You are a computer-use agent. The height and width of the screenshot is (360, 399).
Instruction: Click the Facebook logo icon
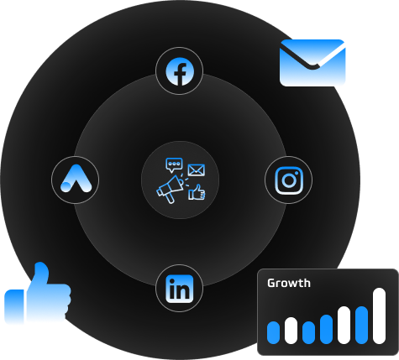(x=180, y=71)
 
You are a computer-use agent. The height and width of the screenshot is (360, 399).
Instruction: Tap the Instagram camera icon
(x=289, y=180)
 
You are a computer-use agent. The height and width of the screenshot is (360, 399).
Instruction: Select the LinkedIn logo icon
(x=180, y=289)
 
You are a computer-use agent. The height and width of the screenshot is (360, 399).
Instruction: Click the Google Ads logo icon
(x=76, y=179)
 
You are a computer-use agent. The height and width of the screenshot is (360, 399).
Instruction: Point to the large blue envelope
(x=312, y=63)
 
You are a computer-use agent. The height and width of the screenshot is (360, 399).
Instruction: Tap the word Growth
(x=289, y=283)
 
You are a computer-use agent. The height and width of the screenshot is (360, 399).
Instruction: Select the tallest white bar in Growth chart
(x=379, y=316)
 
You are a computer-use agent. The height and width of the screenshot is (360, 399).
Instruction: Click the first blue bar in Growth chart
(x=273, y=332)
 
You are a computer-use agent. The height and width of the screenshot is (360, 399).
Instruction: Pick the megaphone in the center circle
(x=170, y=189)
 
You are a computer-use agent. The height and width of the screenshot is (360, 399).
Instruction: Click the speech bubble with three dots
(x=174, y=164)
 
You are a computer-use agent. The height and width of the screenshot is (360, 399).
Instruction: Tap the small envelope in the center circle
(x=196, y=170)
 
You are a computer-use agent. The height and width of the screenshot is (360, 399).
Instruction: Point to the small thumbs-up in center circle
(x=197, y=192)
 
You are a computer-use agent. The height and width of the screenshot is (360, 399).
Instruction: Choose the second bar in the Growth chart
(x=291, y=331)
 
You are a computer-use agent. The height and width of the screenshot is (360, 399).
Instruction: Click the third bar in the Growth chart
(x=308, y=332)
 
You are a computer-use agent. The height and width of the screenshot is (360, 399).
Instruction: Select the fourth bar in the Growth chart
(x=326, y=329)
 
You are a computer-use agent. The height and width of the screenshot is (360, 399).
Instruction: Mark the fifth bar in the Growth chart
(x=344, y=325)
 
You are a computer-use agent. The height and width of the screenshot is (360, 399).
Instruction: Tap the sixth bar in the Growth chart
(x=361, y=325)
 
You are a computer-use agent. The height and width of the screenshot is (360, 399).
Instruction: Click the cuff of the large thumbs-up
(x=14, y=307)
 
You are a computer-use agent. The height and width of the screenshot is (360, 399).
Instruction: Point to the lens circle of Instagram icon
(x=289, y=180)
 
